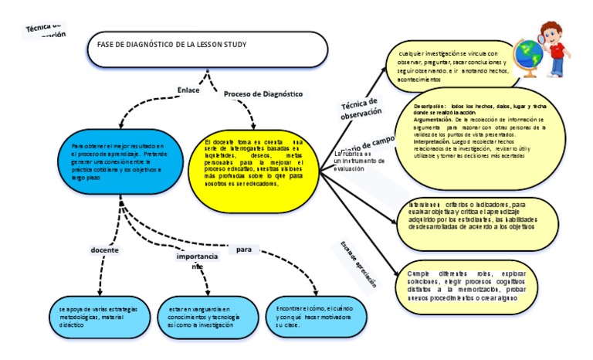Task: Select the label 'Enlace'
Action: coord(188,90)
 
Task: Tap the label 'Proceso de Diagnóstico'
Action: coord(263,94)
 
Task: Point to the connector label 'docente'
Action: coord(104,250)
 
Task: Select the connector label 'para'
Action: coord(244,250)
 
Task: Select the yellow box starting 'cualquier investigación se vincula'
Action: coord(452,63)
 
